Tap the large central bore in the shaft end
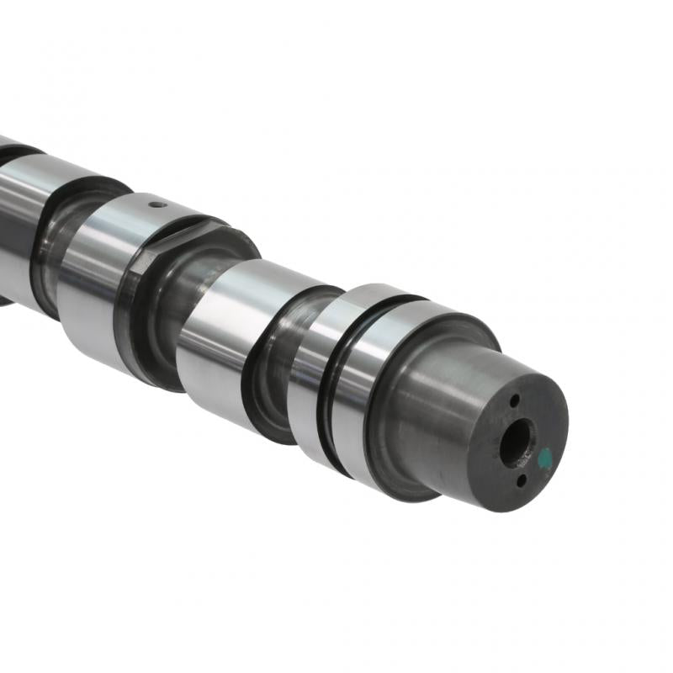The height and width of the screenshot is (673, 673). pyautogui.click(x=515, y=442)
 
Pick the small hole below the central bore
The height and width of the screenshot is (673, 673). pyautogui.click(x=521, y=480)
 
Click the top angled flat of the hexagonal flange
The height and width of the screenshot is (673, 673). pyautogui.click(x=189, y=231)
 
